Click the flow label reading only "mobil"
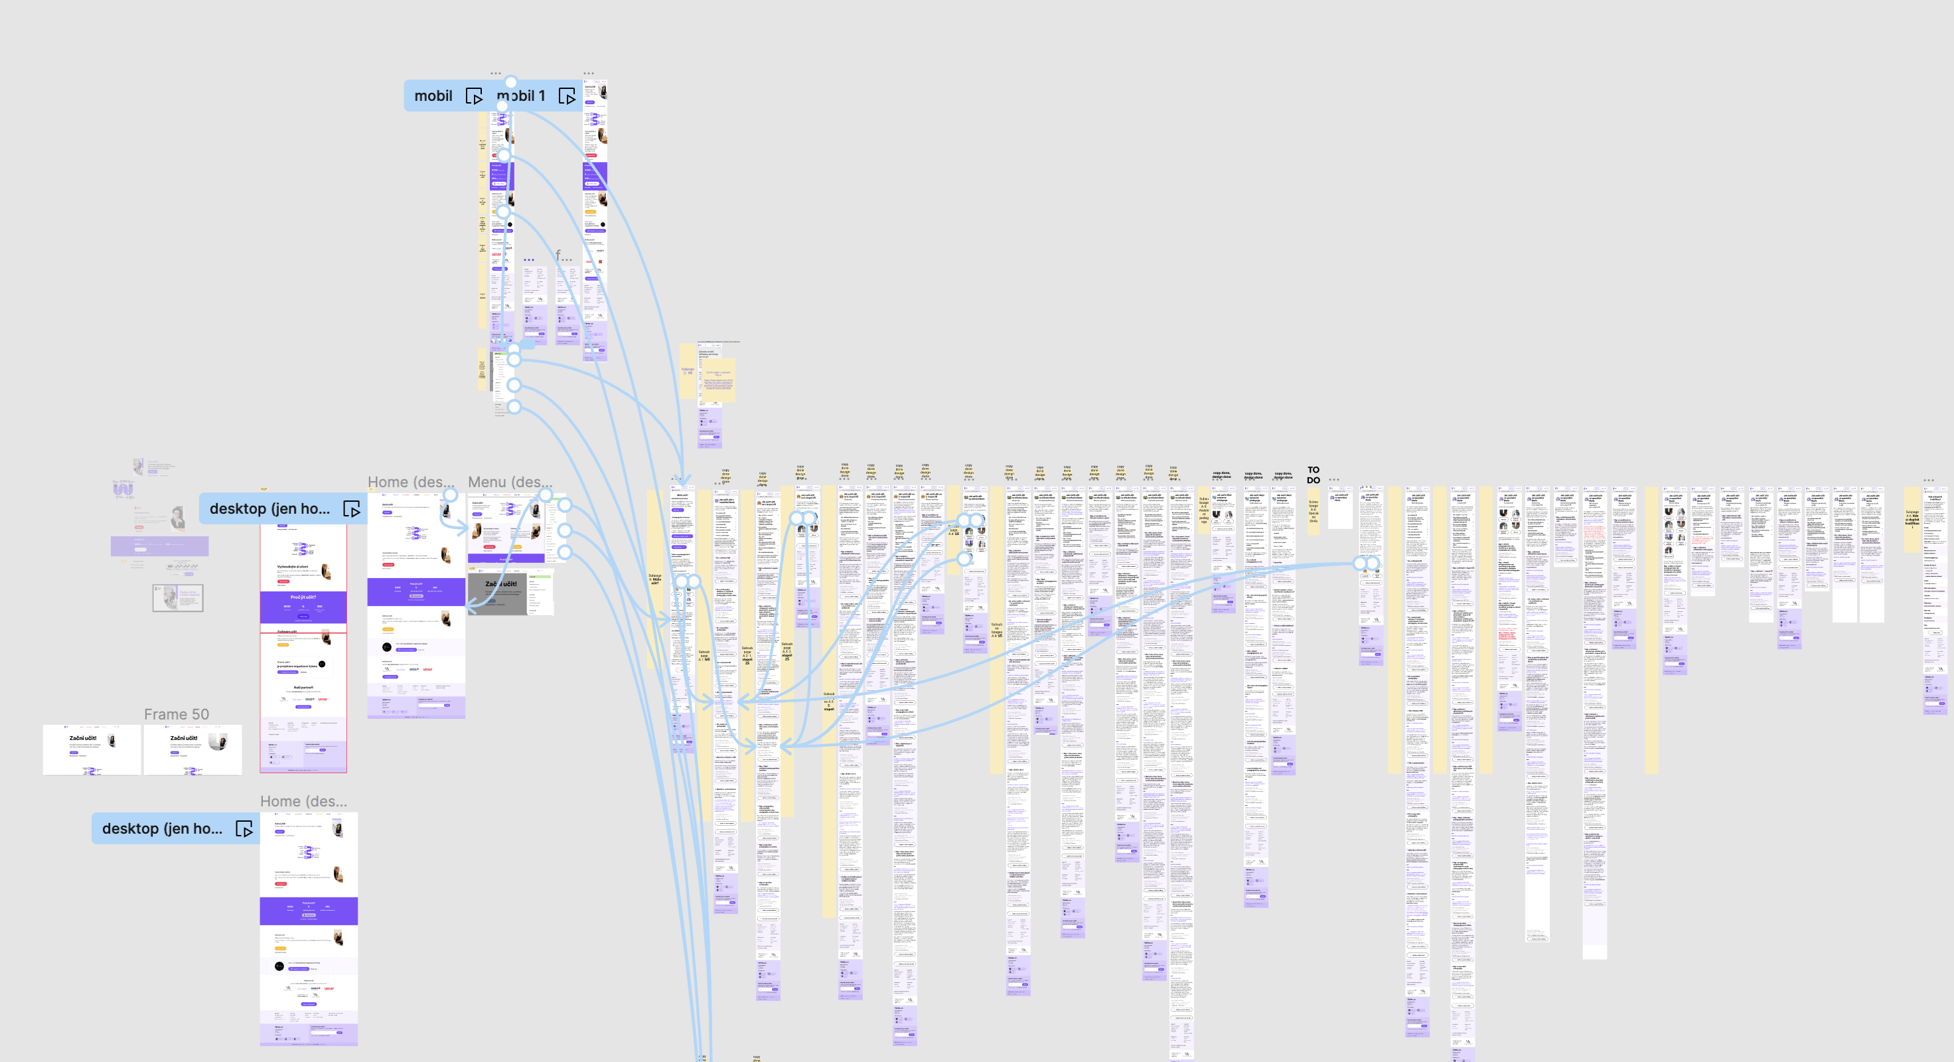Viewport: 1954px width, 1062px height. coord(433,96)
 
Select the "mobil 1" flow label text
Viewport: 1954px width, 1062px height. coord(522,96)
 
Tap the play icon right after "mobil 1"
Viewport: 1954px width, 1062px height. coord(567,96)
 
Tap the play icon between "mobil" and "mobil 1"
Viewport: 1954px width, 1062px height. coord(474,96)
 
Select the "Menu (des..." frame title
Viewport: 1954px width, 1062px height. coord(510,483)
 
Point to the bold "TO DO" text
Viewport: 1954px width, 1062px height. coord(1313,475)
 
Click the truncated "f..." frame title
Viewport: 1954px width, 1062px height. coord(563,256)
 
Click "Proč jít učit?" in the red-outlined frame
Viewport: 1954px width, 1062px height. coord(303,597)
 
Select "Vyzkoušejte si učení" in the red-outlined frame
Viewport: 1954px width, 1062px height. coord(292,567)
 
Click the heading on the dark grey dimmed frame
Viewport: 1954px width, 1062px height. coord(500,584)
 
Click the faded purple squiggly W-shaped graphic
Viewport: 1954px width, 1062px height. coord(123,489)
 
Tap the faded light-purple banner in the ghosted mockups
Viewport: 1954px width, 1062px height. coord(159,546)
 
